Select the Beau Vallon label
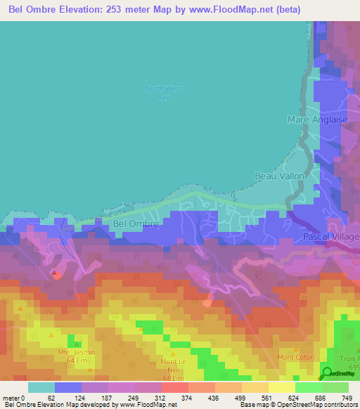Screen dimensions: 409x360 coord(280,176)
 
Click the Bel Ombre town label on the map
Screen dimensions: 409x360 coord(135,224)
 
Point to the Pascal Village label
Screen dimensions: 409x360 coord(331,238)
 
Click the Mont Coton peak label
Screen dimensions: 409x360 coord(295,357)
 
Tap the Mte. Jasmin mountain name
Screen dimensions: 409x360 coord(77,352)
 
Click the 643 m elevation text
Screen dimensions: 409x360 coord(77,361)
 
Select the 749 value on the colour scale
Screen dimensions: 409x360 coord(346,397)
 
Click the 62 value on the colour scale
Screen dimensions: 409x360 coord(51,397)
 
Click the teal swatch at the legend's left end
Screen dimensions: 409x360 coord(41,387)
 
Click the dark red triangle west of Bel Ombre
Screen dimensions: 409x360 coord(54,272)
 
